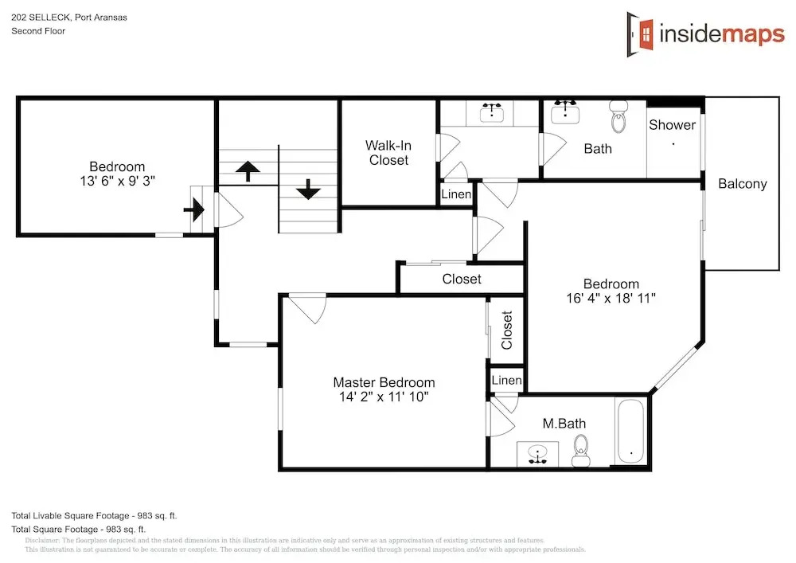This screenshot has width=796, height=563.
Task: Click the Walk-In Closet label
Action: pos(388,153)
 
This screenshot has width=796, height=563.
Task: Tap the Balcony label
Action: pos(742,184)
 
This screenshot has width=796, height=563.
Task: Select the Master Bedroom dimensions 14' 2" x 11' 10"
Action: pos(384,397)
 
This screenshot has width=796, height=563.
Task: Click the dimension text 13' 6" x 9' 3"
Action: pos(117,181)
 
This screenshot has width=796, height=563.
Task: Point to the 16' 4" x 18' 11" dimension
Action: pos(611,298)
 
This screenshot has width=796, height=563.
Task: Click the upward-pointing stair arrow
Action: pos(248,171)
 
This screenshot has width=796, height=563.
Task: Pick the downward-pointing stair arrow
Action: pos(308,189)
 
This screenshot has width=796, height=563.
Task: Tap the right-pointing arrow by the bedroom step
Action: pos(194,209)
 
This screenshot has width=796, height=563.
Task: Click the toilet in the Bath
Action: pos(618,116)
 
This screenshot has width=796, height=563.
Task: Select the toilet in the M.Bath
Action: pos(581,451)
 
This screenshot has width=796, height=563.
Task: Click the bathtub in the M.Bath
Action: pos(631,431)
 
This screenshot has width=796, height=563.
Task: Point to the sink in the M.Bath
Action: pos(537,454)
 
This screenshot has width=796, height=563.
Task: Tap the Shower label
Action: pos(672,125)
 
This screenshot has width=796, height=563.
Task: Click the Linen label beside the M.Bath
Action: pos(506,380)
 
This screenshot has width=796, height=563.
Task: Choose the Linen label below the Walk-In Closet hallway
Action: pos(456,194)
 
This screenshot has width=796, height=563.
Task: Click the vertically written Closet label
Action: pos(506,330)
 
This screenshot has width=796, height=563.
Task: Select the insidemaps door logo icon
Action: pos(640,34)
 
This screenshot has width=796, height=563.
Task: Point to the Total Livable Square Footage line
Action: pos(95,516)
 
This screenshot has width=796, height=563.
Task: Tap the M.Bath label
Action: pos(564,424)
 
